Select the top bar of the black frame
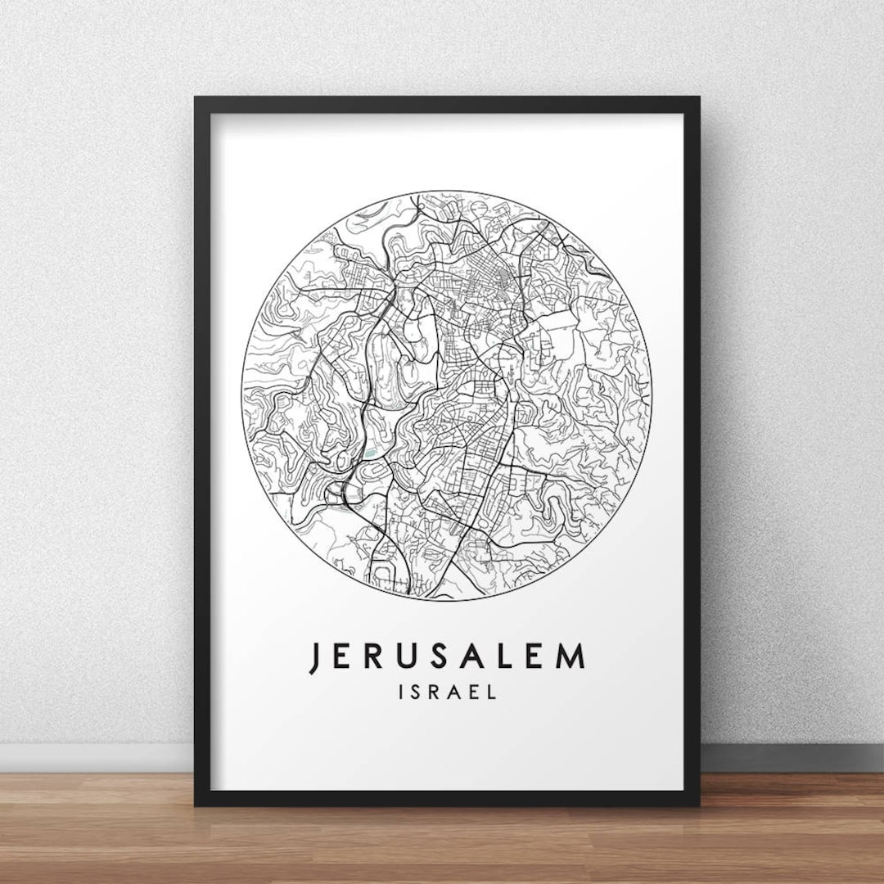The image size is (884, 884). point(447,105)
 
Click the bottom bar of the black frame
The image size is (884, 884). point(447,799)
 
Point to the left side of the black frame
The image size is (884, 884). point(202,450)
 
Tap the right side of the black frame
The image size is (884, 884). point(692,450)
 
